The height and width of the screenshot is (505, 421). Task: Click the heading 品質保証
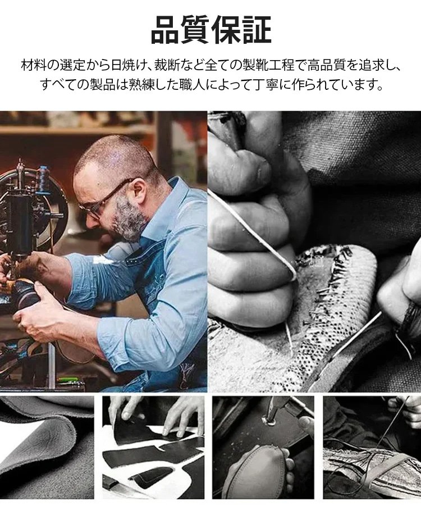pos(211,30)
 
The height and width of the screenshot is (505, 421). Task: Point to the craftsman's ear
pos(139,188)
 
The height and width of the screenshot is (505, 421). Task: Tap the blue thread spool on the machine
pos(42,180)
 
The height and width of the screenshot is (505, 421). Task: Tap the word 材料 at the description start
pos(34,65)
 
